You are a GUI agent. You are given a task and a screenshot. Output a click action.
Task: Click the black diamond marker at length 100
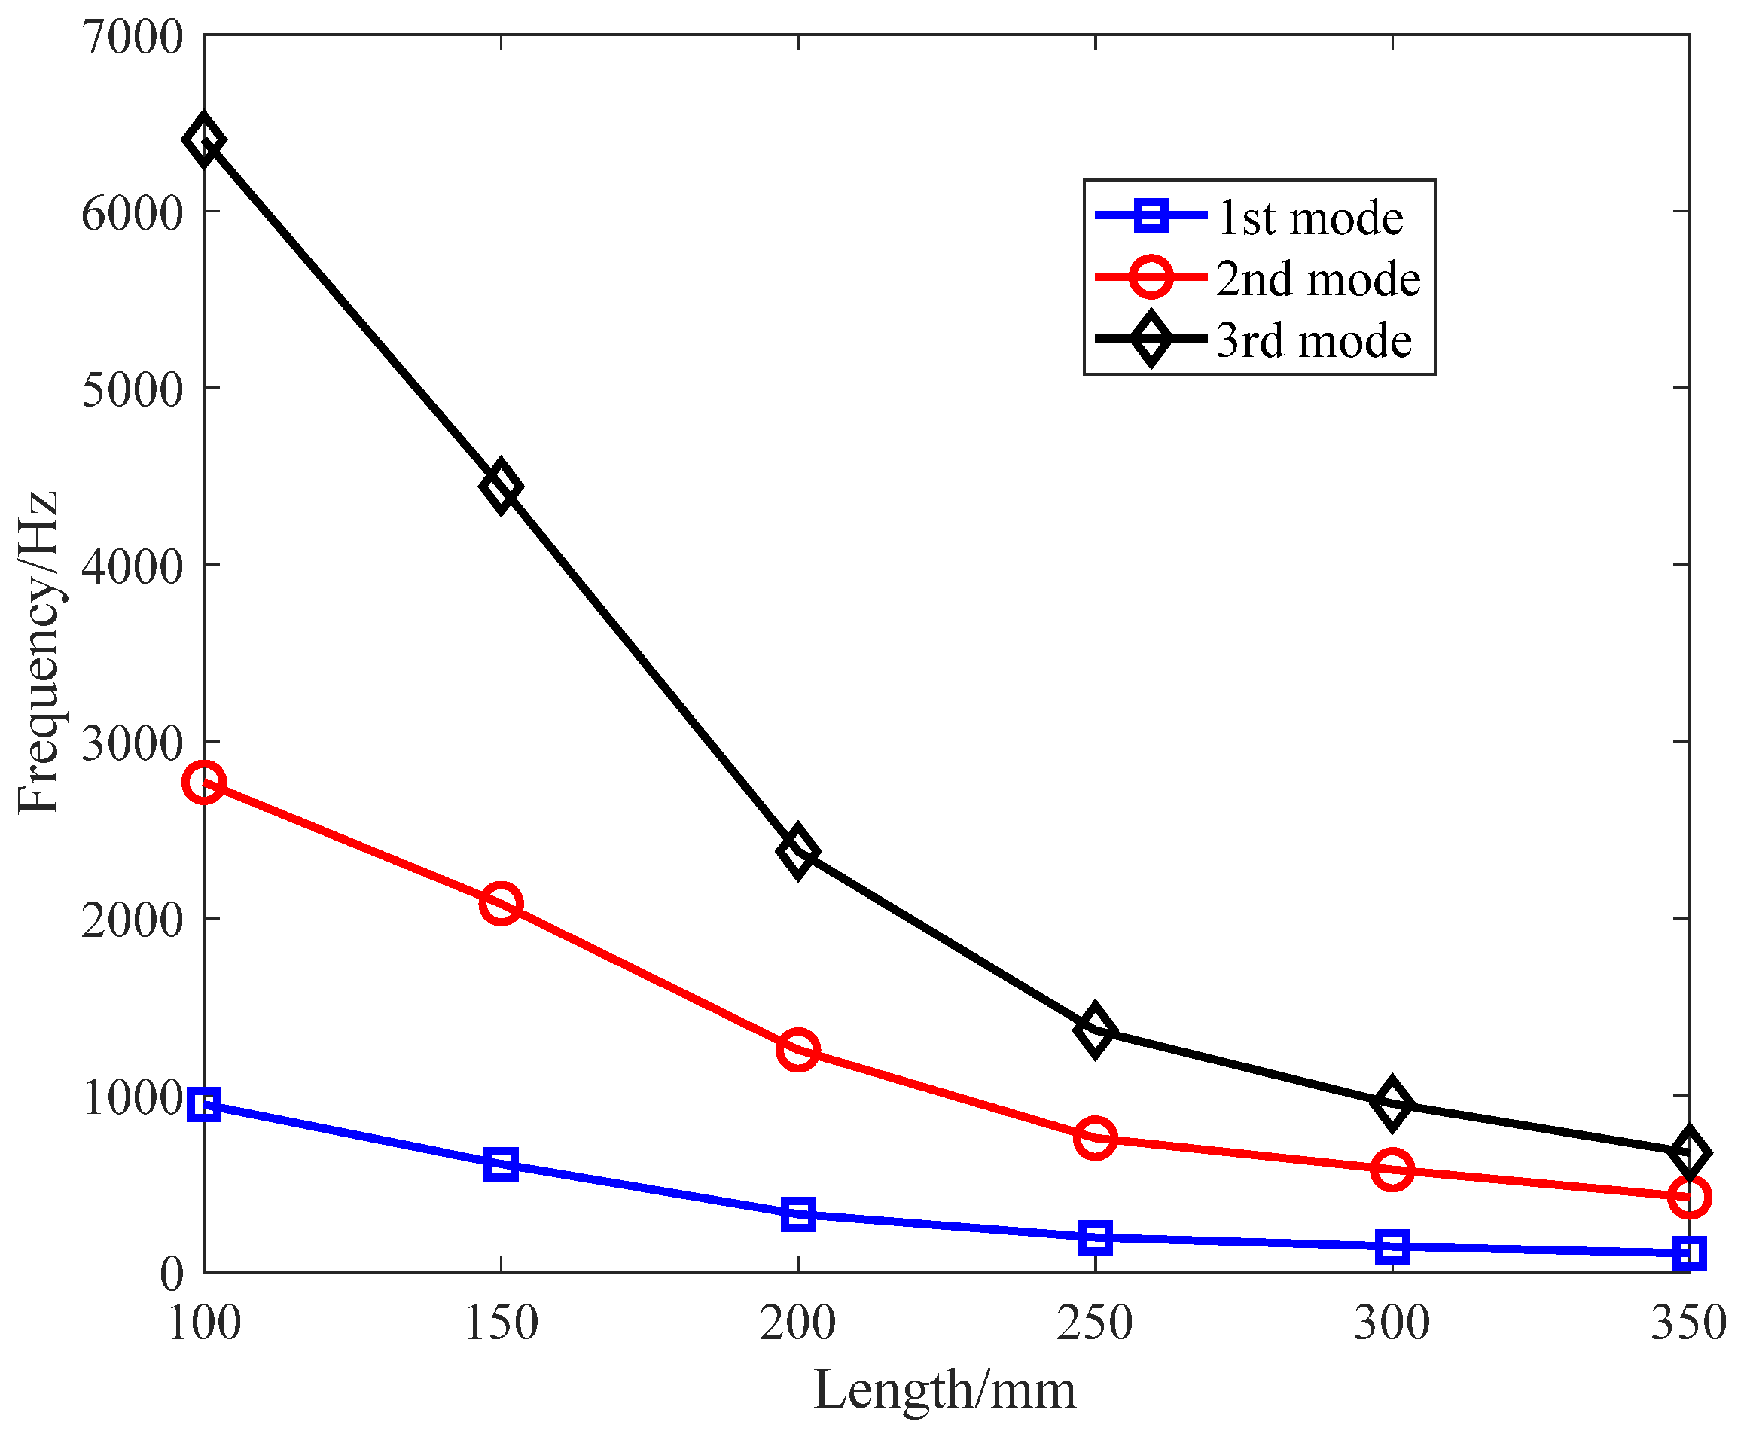(x=204, y=139)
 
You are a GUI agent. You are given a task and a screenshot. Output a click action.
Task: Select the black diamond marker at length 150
(x=501, y=487)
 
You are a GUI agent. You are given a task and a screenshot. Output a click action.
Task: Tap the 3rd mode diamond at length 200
(x=797, y=851)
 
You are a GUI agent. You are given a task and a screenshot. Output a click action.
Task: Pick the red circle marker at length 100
(x=204, y=783)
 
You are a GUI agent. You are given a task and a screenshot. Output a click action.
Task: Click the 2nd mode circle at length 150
(x=501, y=903)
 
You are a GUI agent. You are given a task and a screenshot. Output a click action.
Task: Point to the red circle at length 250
(x=1095, y=1138)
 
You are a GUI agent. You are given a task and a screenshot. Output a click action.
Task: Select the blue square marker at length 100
(x=204, y=1104)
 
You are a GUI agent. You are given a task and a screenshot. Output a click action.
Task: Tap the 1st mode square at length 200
(x=797, y=1214)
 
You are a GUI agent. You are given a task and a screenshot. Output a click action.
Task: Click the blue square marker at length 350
(x=1689, y=1253)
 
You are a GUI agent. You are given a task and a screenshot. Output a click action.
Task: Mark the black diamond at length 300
(x=1392, y=1103)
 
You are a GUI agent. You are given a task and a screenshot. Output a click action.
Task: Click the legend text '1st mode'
(x=1310, y=218)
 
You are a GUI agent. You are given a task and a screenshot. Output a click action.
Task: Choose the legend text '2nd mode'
(x=1318, y=279)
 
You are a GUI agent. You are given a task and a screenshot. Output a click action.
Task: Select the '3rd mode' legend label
(x=1313, y=340)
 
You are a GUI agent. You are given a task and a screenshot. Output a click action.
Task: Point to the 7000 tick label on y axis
(x=132, y=38)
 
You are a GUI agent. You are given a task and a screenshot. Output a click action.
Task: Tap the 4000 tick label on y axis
(x=132, y=566)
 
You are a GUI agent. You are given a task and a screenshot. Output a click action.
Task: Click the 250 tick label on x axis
(x=1095, y=1323)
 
